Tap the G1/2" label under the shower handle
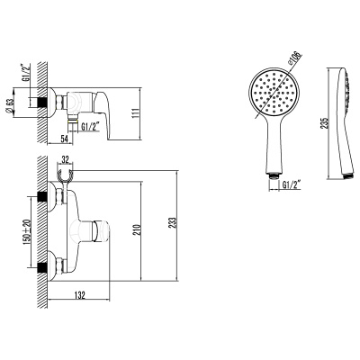(x=292, y=186)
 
